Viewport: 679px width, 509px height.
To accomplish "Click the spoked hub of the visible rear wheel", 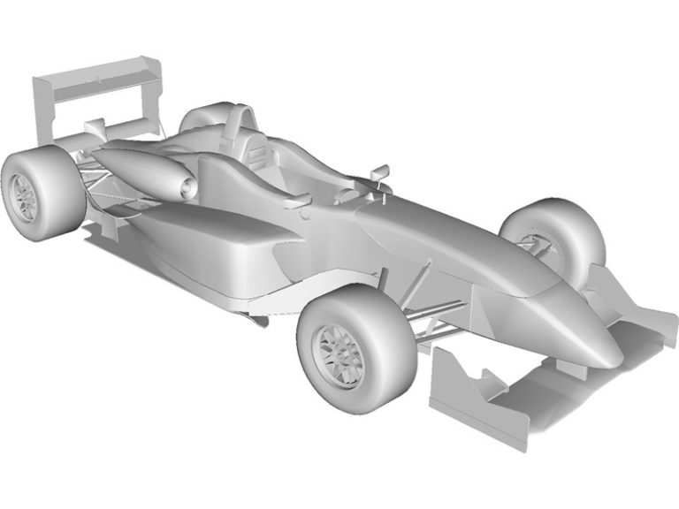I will click(21, 196).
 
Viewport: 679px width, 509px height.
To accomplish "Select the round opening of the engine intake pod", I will click(187, 187).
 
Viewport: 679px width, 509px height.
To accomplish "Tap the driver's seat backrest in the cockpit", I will click(257, 155).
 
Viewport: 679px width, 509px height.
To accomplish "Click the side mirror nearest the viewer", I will click(300, 201).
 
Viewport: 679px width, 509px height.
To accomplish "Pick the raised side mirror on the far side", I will click(380, 171).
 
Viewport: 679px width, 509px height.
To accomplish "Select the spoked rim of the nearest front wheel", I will click(340, 353).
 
